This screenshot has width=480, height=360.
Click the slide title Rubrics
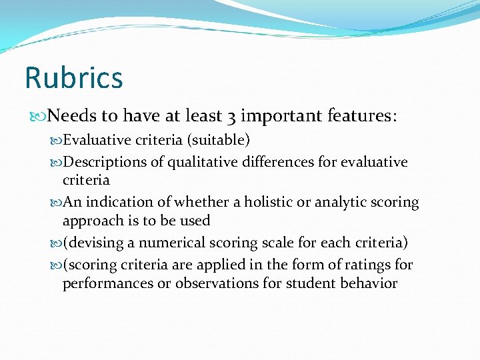coord(73,77)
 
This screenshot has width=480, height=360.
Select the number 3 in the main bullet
coord(229,116)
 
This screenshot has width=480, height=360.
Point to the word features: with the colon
coord(363,116)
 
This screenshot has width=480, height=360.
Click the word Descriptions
coord(105,162)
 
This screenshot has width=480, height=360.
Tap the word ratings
coord(370,265)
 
